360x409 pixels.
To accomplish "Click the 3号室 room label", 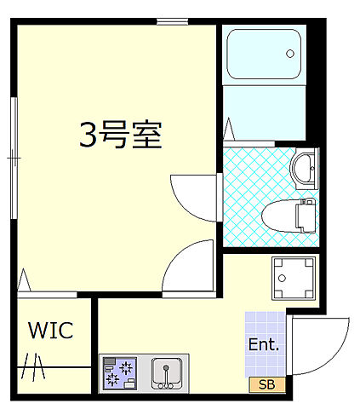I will (x=121, y=135).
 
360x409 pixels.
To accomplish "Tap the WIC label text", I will (x=50, y=331).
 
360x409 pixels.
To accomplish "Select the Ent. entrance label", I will (x=264, y=345).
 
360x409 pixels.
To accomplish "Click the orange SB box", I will (x=267, y=384).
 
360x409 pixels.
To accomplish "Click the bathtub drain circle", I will (x=289, y=54).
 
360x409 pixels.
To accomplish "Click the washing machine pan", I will (x=294, y=278).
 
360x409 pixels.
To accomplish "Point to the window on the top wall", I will (x=173, y=21).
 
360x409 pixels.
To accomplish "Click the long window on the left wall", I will (x=14, y=158).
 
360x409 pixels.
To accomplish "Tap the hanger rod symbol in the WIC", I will (x=36, y=366).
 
